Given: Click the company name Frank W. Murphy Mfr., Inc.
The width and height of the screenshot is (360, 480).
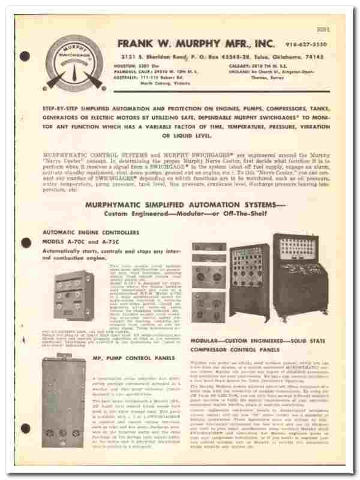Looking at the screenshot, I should click(197, 43).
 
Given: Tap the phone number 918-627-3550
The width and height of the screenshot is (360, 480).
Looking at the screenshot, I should click(315, 43).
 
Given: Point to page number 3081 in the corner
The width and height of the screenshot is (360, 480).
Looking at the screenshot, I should click(334, 23).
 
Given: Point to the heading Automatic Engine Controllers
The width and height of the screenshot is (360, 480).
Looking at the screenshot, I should click(91, 232).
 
